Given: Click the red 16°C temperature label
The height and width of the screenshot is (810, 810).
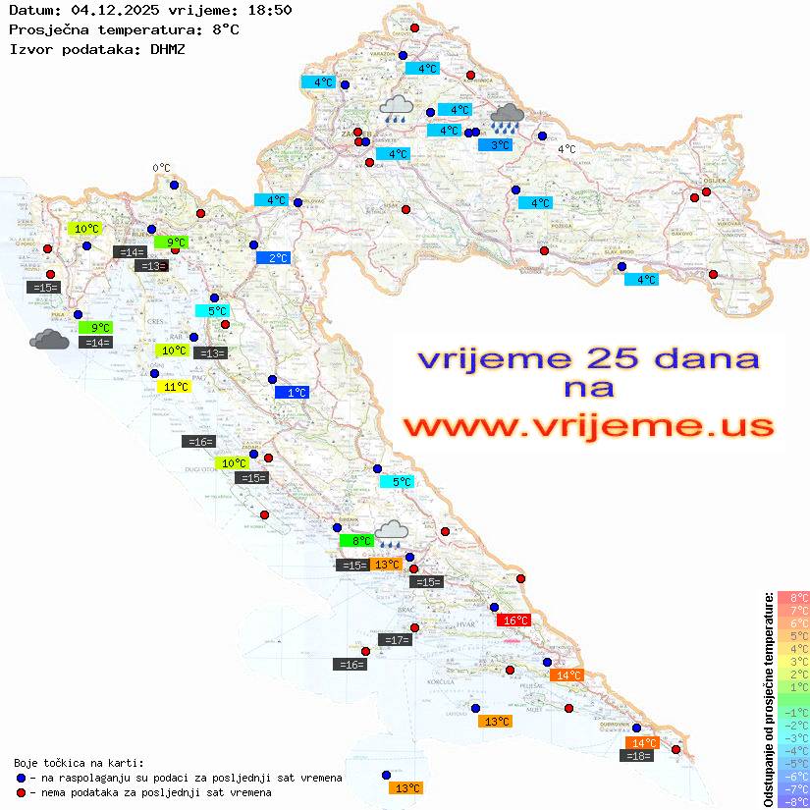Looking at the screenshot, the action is point(513,620).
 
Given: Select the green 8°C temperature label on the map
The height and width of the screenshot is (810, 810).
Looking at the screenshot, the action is point(356,540).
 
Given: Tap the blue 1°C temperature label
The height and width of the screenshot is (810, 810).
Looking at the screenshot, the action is point(292,393).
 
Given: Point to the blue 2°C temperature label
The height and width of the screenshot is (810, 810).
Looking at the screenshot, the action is point(273,258).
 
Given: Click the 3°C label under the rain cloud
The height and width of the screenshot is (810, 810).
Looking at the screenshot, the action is point(495,145).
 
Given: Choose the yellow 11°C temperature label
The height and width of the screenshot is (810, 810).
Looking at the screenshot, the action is point(173,387).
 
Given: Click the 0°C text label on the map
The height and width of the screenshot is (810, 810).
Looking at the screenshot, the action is point(162,168).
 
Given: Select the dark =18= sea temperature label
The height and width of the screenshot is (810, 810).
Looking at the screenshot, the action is point(637,755).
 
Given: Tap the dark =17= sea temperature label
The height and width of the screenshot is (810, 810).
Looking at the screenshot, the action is point(395,640).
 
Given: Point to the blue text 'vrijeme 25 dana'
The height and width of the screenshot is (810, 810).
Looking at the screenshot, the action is point(588,358).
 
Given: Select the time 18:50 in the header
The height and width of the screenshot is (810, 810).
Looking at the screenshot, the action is point(268,10).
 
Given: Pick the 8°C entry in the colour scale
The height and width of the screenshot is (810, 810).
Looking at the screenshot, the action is point(793,598).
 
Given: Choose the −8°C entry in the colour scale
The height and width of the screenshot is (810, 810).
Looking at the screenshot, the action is point(793,802).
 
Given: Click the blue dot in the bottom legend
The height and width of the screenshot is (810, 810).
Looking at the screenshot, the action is point(21,778).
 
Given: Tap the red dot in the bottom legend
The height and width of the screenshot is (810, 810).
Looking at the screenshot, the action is point(21,792).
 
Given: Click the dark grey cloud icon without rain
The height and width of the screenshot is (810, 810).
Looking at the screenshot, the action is point(49,340).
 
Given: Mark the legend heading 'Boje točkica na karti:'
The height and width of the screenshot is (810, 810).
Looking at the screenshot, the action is point(79,763).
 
